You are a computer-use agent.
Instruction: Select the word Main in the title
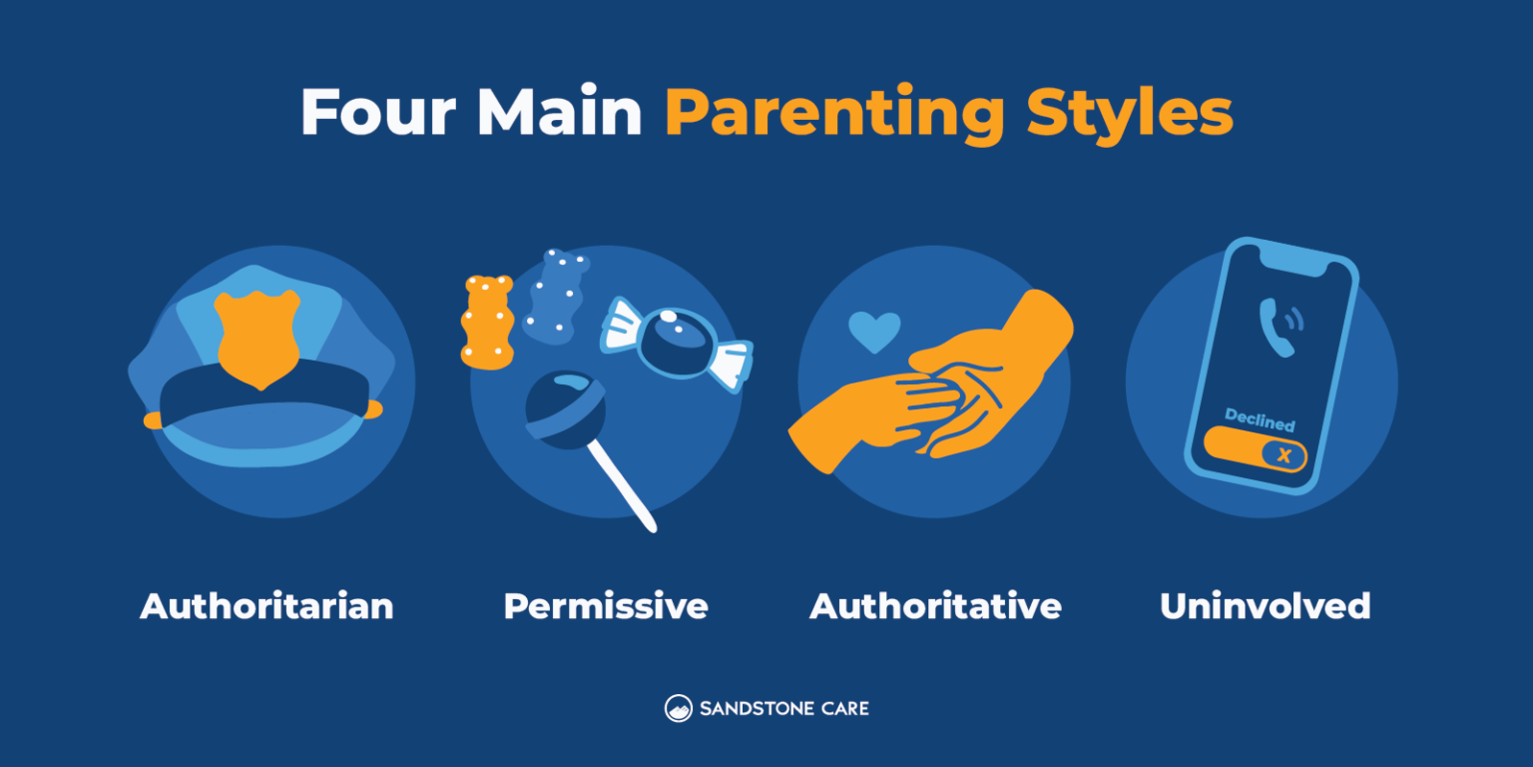(559, 113)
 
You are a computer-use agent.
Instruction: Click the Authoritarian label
(266, 606)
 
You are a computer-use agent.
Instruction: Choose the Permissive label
(606, 606)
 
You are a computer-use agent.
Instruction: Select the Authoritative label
(935, 606)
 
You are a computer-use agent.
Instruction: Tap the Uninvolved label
(1265, 606)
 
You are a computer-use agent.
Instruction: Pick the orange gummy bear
(487, 321)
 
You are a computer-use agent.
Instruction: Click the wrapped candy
(676, 343)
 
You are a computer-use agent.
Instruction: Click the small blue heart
(874, 332)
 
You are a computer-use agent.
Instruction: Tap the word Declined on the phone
(1260, 420)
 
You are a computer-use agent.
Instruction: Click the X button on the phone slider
(1283, 455)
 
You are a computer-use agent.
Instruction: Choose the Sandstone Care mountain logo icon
(679, 708)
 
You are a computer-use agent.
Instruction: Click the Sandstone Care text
(783, 708)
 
